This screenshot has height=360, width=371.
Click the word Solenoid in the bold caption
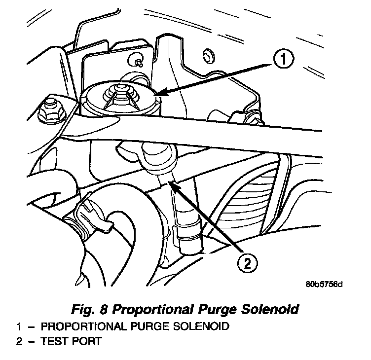[269, 310]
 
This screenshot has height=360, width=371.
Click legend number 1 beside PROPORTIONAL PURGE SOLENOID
[18, 326]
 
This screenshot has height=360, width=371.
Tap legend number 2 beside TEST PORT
[18, 341]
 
